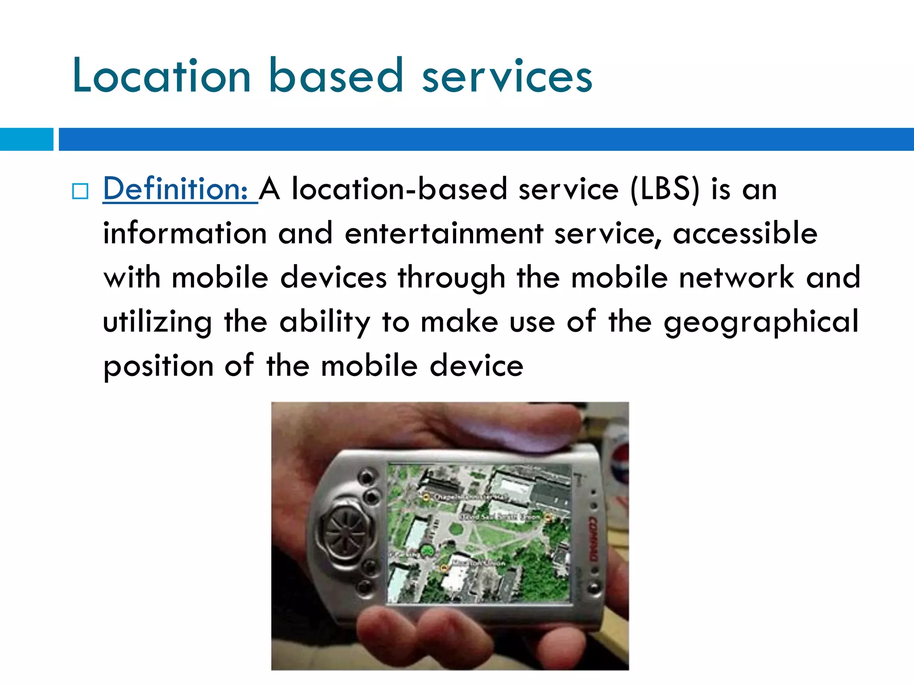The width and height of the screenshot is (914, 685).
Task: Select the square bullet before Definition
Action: click(x=80, y=191)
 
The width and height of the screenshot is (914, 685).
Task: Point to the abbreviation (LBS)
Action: click(x=665, y=189)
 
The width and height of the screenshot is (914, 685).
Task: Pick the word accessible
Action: click(x=745, y=233)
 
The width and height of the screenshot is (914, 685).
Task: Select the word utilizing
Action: click(x=158, y=322)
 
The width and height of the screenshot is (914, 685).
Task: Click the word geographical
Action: click(x=761, y=322)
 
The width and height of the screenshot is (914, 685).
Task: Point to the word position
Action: click(x=158, y=366)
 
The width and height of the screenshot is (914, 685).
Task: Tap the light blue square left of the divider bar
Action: click(x=26, y=139)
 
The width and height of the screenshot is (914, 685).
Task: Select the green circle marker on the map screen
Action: click(x=428, y=550)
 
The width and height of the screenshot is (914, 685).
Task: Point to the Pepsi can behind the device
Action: click(x=618, y=473)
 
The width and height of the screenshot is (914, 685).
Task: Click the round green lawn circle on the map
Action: click(x=456, y=529)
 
